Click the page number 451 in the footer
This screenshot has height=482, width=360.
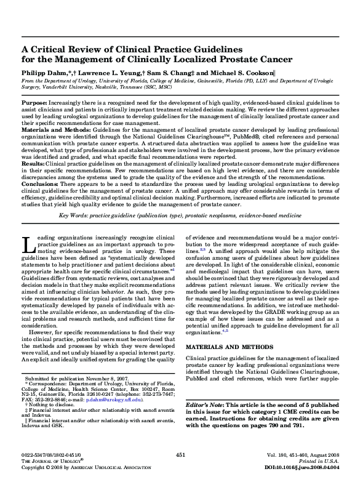180,454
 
